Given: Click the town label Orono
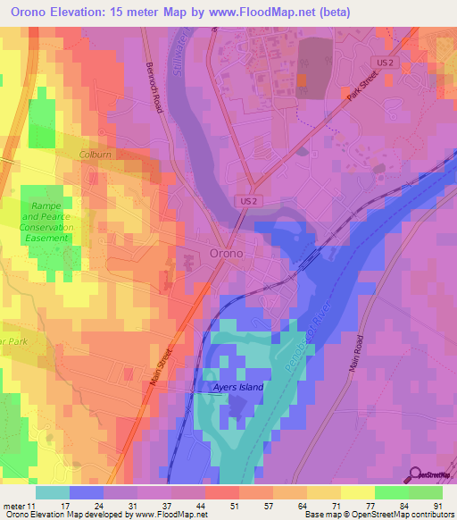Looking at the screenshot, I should tap(227, 252).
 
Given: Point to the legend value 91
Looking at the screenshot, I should tap(436, 505).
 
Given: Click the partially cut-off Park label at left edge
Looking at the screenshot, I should tap(11, 340).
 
